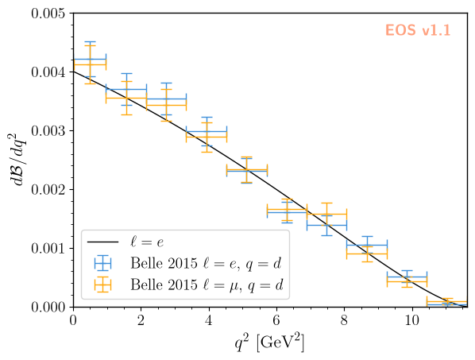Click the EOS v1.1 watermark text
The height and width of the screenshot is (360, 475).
(418, 30)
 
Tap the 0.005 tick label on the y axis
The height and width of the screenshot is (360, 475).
(48, 14)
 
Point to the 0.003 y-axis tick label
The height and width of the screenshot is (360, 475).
(48, 131)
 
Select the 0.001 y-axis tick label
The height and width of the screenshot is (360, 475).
(48, 249)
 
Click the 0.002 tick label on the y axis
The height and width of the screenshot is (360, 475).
(48, 190)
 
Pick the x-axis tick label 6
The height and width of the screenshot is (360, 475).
(276, 320)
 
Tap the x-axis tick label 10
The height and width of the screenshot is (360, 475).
(411, 320)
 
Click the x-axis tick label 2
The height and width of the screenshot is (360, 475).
(141, 320)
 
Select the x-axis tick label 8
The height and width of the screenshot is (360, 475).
(344, 320)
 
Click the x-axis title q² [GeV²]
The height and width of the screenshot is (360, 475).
(269, 343)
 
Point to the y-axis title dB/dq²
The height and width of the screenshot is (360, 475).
(18, 160)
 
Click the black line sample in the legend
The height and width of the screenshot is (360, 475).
(102, 242)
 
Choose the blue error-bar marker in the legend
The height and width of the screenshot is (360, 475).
(102, 263)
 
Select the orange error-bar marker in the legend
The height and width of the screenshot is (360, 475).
(102, 285)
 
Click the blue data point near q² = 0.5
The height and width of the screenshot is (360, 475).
(90, 59)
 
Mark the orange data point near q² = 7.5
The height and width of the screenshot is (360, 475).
(327, 215)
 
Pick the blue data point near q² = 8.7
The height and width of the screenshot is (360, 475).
(367, 245)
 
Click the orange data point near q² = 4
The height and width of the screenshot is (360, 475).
(207, 137)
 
